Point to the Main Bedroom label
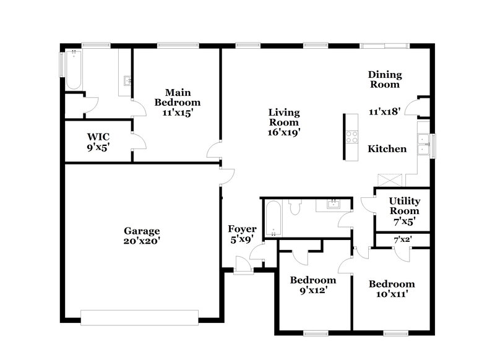pos(178,97)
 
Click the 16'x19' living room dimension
pos(284,131)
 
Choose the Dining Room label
pos(385,79)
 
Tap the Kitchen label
pos(387,148)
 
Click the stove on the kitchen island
pos(352,137)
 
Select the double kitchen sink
pos(423,144)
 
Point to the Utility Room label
pos(404,206)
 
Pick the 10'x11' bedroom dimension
pos(392,294)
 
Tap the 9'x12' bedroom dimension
pos(312,290)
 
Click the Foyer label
pos(243,229)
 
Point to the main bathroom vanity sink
pos(127,80)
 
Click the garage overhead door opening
pos(140,317)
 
